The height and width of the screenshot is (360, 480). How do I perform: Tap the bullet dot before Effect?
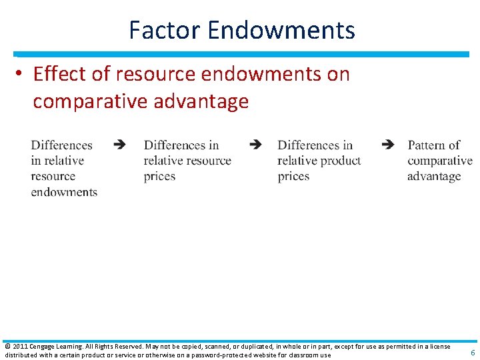pyautogui.click(x=23, y=75)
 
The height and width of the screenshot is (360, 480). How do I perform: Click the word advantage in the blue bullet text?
pyautogui.click(x=201, y=101)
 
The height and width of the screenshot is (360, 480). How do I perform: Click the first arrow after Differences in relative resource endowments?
pyautogui.click(x=119, y=144)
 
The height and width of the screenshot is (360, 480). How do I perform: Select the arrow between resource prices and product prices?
pyautogui.click(x=255, y=144)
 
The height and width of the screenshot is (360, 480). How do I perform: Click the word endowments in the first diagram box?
pyautogui.click(x=64, y=192)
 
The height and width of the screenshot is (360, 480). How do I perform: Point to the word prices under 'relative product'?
pyautogui.click(x=294, y=177)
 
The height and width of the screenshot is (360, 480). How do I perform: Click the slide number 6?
pyautogui.click(x=473, y=353)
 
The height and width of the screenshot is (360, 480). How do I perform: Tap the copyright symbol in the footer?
pyautogui.click(x=7, y=347)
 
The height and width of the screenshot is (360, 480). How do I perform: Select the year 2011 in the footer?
pyautogui.click(x=19, y=347)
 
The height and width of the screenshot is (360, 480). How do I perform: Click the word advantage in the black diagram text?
pyautogui.click(x=434, y=177)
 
